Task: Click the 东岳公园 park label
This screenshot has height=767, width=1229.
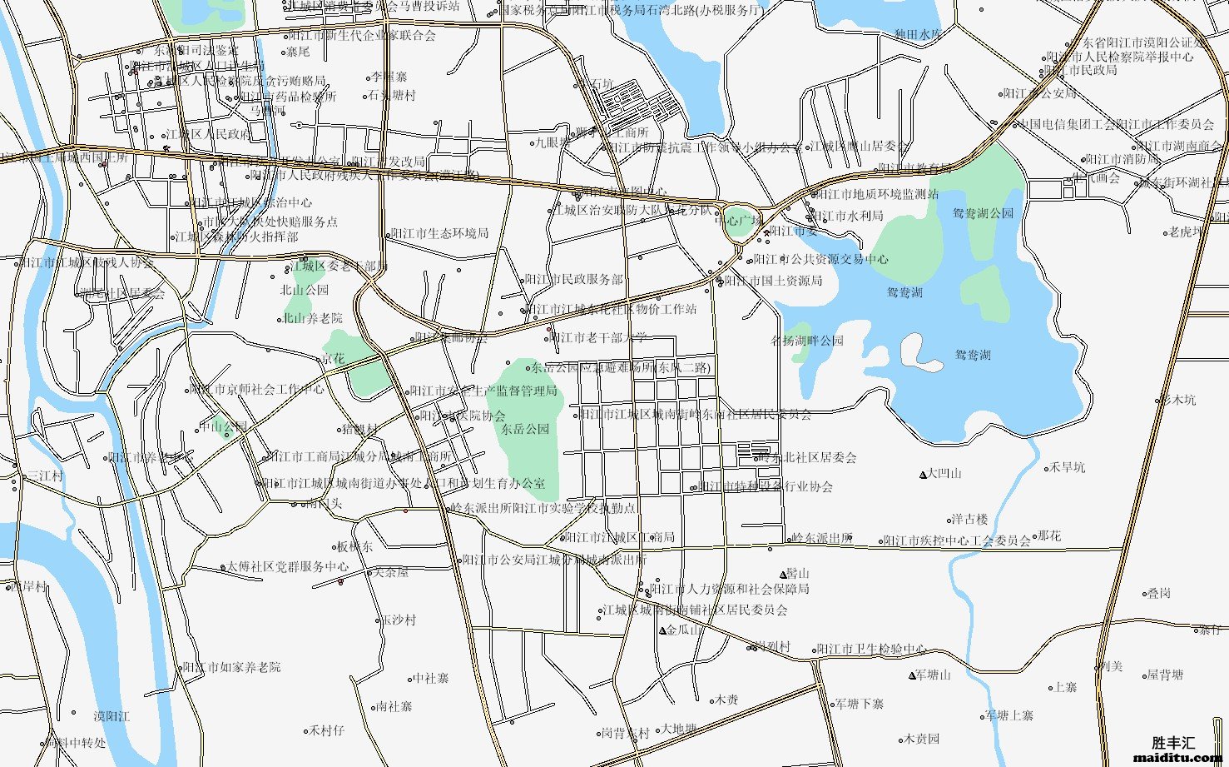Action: point(525,430)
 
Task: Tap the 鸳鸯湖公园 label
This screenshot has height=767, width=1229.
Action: point(983,213)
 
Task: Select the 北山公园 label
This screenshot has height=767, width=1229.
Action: point(305,291)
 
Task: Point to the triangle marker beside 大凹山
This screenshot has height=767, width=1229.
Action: point(923,475)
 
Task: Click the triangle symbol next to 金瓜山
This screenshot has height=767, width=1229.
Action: point(662,630)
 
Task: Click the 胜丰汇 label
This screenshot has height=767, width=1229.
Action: point(1173,742)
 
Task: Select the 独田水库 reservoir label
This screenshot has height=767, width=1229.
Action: point(917,35)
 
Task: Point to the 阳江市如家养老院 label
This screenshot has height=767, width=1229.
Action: point(232,667)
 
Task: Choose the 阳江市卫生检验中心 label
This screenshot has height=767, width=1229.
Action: point(870,650)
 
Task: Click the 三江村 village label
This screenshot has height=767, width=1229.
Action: point(45,476)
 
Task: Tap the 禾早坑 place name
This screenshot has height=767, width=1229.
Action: point(1067,467)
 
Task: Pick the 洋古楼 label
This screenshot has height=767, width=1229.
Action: point(969,519)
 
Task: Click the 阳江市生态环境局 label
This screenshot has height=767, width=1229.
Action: point(439,234)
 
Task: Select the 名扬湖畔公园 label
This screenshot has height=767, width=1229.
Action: point(807,341)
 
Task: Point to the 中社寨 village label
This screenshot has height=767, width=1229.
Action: point(431,679)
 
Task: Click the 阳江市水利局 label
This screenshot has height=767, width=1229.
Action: point(850,216)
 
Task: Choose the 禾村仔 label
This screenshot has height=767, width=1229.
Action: point(326,730)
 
